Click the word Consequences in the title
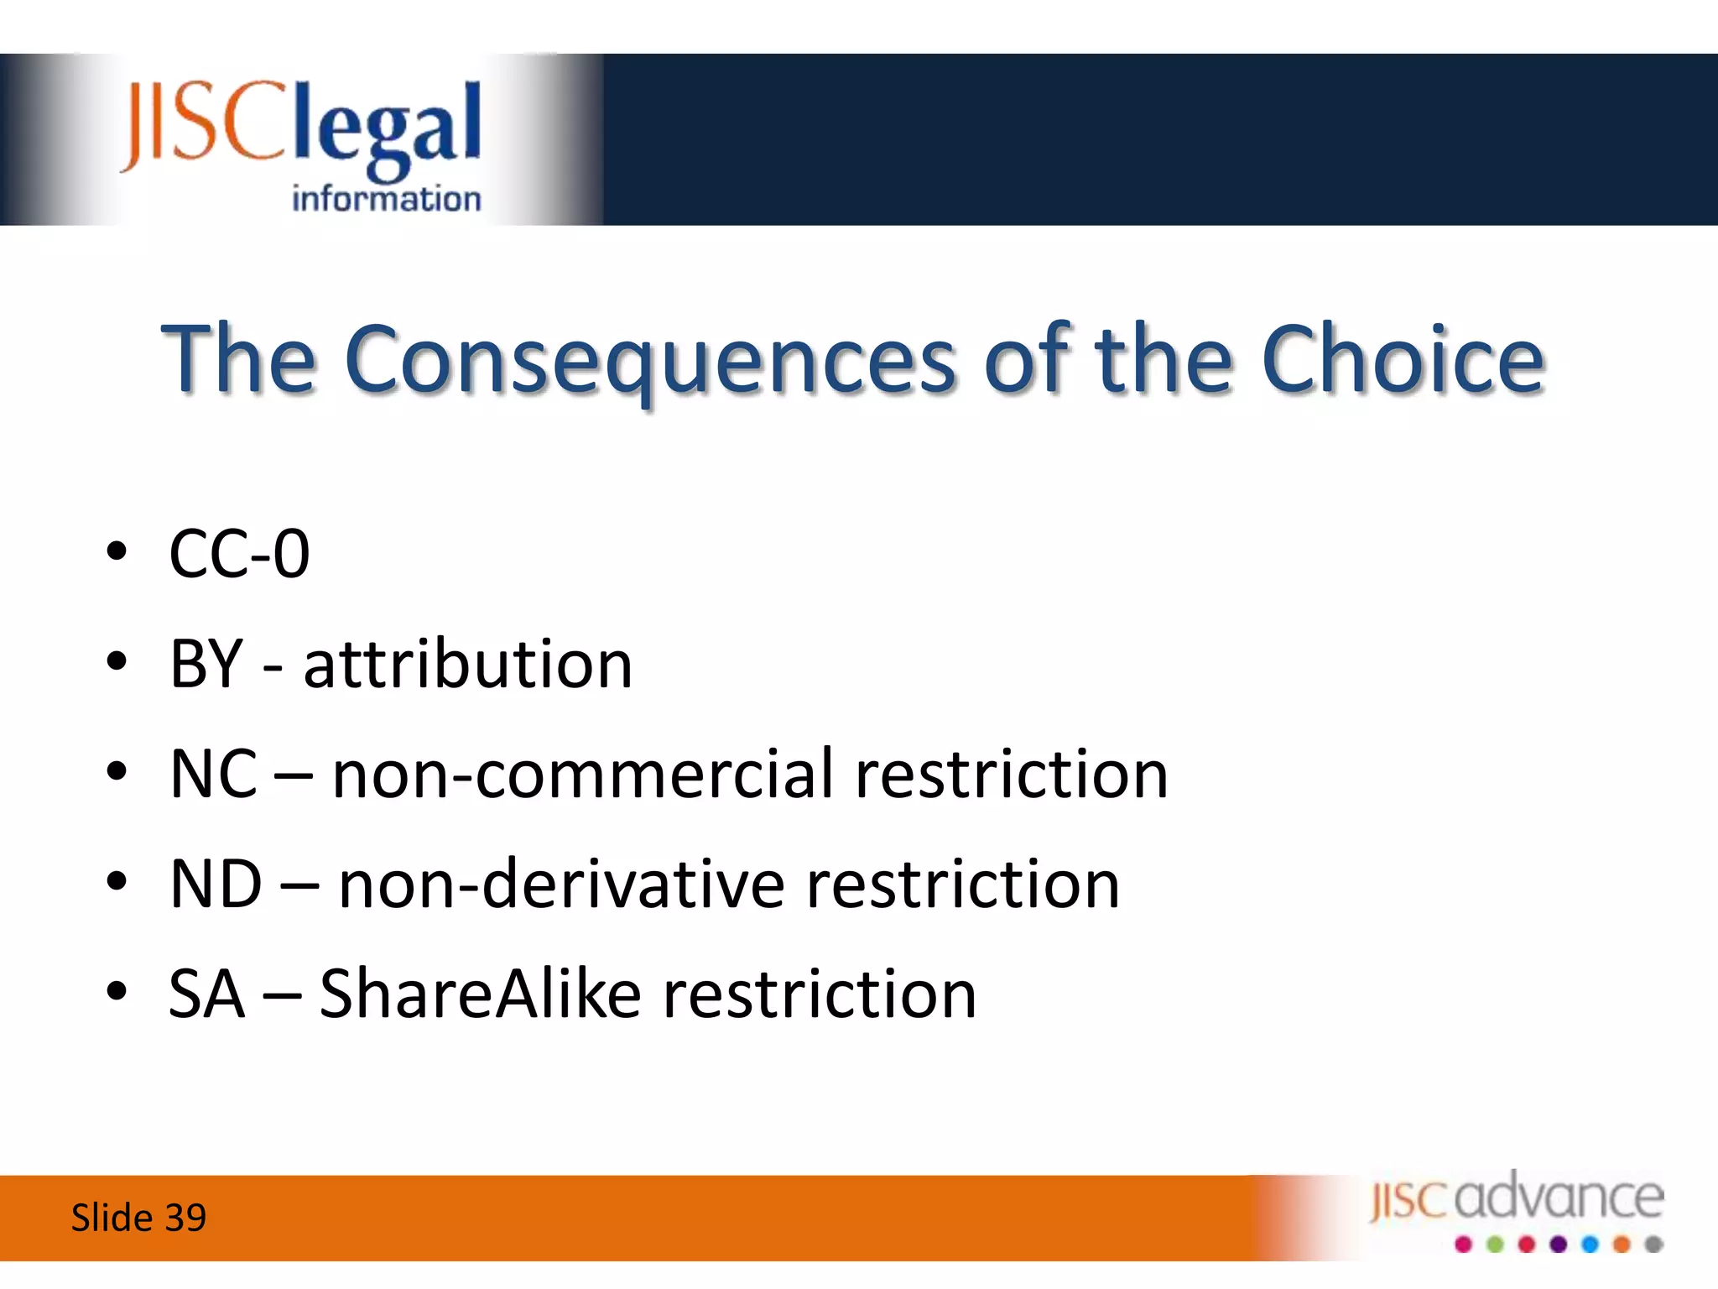point(649,361)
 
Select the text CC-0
point(240,554)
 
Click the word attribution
point(467,665)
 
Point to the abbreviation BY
point(206,665)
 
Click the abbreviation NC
point(213,774)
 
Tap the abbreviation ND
point(216,885)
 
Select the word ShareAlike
point(481,994)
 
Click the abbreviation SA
point(206,994)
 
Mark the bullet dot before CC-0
point(117,552)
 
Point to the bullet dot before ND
point(117,882)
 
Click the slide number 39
point(185,1218)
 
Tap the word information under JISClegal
point(386,199)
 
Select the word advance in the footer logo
point(1559,1198)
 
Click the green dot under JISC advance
point(1495,1245)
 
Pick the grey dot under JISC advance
point(1653,1245)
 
